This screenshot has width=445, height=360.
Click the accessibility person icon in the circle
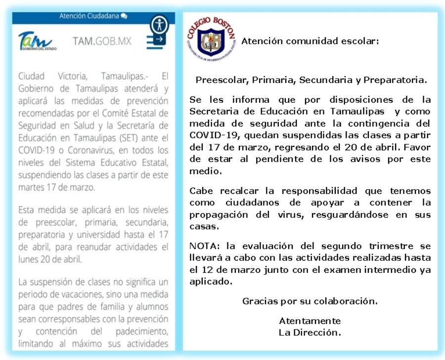coord(159,24)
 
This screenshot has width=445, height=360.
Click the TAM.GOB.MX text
coord(102,41)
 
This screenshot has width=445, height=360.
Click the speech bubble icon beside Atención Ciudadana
coord(124,16)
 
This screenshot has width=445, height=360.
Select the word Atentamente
coord(310,321)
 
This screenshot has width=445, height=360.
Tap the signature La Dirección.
coord(310,332)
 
